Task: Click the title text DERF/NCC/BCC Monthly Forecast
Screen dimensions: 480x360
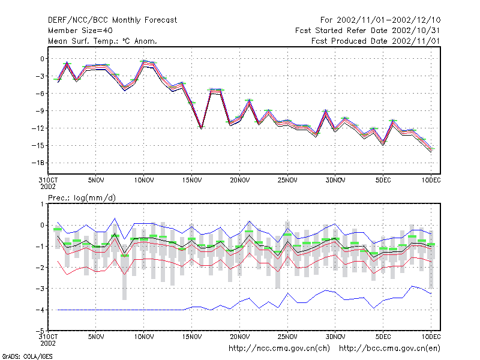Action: coord(112,20)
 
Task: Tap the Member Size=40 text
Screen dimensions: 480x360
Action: coord(80,31)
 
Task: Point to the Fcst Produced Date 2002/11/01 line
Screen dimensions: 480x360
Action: coord(376,41)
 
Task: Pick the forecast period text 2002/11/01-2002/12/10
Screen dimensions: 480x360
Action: coord(388,20)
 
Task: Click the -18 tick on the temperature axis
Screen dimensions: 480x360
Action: coord(38,163)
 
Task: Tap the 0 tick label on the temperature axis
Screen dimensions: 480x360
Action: coord(42,59)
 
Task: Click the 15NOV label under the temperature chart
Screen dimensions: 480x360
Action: coord(192,181)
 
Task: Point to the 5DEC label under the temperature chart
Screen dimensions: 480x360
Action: coord(383,181)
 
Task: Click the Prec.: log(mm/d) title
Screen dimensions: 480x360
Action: coord(82,198)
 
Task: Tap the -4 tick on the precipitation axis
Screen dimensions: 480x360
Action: coord(40,310)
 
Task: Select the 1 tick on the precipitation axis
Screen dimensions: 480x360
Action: coord(42,204)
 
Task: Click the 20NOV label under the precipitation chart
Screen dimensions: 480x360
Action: coord(239,337)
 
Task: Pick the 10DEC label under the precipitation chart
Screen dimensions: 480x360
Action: coord(431,337)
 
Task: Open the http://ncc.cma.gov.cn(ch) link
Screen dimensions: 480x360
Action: coord(280,349)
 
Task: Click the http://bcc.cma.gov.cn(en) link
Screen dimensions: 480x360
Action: coord(389,349)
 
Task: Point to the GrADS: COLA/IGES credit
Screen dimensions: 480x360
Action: coord(27,356)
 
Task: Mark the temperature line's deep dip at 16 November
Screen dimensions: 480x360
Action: coord(202,128)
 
